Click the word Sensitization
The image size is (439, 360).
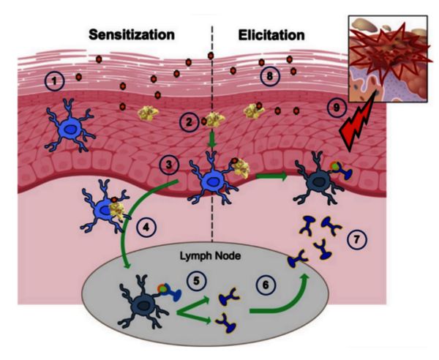132,34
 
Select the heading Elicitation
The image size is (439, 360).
271,34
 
